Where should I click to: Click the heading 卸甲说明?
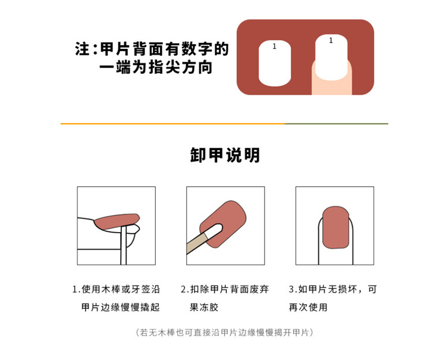[x=225, y=155]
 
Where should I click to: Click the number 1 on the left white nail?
[x=274, y=46]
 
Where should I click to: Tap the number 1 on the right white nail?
[x=331, y=40]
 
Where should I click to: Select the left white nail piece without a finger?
[x=274, y=65]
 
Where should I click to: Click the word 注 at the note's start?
[x=82, y=49]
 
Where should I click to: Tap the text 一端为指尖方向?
[x=156, y=67]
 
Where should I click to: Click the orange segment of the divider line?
[x=172, y=124]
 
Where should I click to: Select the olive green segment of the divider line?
[x=337, y=124]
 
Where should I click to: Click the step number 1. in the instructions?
[x=76, y=290]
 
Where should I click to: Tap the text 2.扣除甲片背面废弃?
[x=225, y=290]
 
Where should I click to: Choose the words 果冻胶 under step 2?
[x=202, y=308]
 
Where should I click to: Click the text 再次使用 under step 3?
[x=308, y=308]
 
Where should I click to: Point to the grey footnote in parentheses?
[x=225, y=332]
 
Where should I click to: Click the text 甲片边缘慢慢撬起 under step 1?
[x=121, y=308]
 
